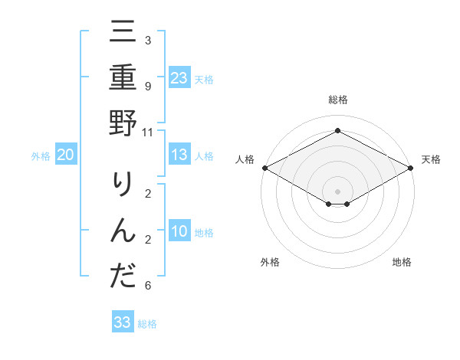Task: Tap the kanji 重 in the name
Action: click(123, 78)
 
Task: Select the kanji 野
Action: click(123, 123)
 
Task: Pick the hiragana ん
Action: click(123, 231)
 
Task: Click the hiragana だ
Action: click(123, 275)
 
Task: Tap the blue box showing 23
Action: click(179, 78)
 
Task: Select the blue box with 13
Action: click(179, 155)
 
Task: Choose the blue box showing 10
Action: click(179, 231)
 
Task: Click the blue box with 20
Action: click(66, 155)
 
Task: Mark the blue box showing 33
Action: click(123, 322)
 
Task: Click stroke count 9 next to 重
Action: click(147, 87)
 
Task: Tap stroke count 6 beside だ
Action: click(147, 286)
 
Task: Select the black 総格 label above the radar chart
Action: click(337, 100)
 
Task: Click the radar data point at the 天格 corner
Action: click(411, 168)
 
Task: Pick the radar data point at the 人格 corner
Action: click(264, 168)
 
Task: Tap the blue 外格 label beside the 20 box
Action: click(41, 156)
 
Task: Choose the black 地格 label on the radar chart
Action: click(402, 262)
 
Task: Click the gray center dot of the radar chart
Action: click(337, 191)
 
